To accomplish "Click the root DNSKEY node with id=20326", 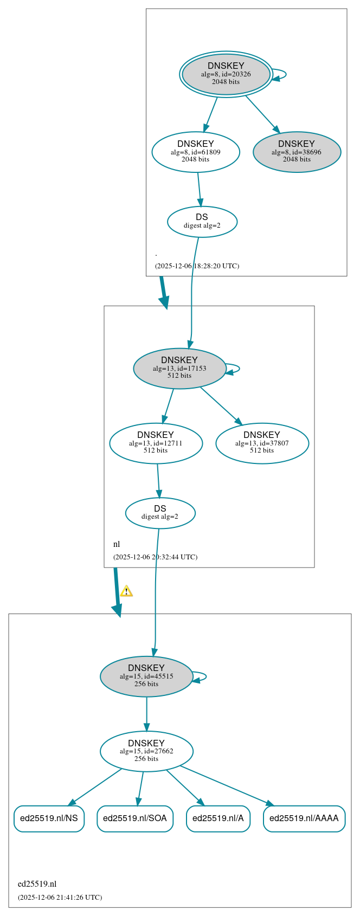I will point(226,74).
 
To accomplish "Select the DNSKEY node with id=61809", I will point(196,152).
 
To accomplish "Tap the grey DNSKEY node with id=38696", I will point(297,152).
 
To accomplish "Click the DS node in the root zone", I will point(202,221).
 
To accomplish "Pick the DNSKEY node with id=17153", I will point(179,368).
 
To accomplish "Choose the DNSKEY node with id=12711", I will point(156,443).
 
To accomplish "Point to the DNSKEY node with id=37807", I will point(262,443).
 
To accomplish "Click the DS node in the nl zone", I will point(160,513).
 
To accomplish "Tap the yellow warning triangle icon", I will point(126,591).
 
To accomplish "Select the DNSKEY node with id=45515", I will point(146,676).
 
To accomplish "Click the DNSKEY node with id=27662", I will point(146,751).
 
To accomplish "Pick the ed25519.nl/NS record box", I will point(49,818).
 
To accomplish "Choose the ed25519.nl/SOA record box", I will point(135,818).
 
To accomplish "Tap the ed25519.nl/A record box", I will point(218,818).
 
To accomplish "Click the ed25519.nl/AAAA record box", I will point(304,818).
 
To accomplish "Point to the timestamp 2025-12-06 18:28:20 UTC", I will point(197,266).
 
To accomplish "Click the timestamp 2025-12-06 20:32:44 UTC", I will point(155,557).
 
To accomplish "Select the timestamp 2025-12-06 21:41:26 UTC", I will point(60,898).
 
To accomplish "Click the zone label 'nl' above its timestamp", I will point(117,544).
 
